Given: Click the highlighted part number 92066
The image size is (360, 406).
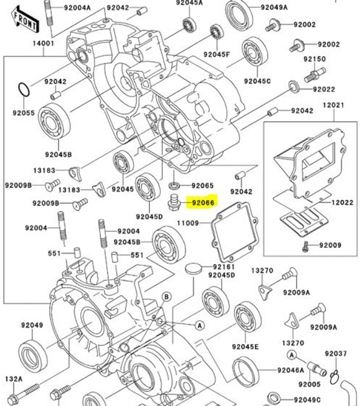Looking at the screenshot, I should [x=203, y=203].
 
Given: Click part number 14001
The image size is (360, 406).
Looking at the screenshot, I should [x=43, y=44].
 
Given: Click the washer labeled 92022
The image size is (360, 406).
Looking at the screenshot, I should [x=294, y=87].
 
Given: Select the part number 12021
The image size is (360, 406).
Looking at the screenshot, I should [x=334, y=105].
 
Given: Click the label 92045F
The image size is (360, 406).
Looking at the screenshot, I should [x=217, y=54].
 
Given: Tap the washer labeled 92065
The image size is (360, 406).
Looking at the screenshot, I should [x=174, y=185].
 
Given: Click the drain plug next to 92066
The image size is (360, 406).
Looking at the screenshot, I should [x=174, y=202].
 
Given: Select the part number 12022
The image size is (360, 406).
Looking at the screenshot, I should [x=342, y=203].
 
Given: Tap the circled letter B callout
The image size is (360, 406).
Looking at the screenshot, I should [x=167, y=296].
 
